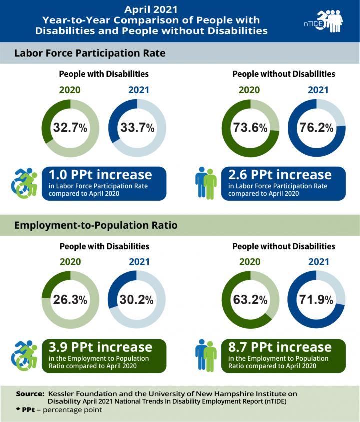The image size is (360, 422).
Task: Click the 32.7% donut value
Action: pyautogui.click(x=70, y=128)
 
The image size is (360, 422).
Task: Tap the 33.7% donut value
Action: pyautogui.click(x=137, y=128)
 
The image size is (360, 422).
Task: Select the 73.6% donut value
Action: pyautogui.click(x=250, y=128)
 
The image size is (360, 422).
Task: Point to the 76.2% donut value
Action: pyautogui.click(x=317, y=128)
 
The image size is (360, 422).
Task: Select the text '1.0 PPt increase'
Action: pyautogui.click(x=100, y=175)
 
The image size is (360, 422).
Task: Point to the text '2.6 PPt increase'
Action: pyautogui.click(x=280, y=175)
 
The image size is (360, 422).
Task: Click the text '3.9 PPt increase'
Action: pyautogui.click(x=100, y=347)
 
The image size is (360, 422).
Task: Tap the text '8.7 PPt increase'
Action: pyautogui.click(x=280, y=347)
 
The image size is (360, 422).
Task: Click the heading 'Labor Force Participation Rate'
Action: pyautogui.click(x=90, y=53)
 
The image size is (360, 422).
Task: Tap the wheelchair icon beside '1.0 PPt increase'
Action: pyautogui.click(x=24, y=183)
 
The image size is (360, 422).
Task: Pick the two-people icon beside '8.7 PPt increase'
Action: pyautogui.click(x=206, y=355)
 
